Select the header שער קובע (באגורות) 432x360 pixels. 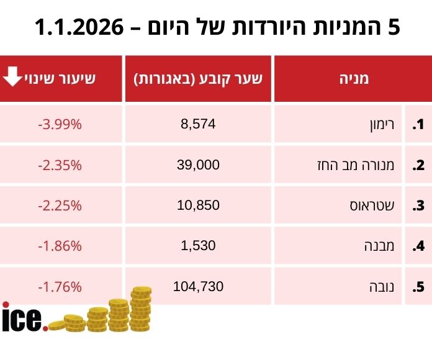pos(199,79)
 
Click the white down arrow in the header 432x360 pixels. pos(12,77)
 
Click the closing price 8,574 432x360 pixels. pos(198,124)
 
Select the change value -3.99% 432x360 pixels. pos(60,124)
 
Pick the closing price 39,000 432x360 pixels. pos(198,164)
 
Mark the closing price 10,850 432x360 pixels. pos(198,205)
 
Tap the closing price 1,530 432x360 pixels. pos(198,245)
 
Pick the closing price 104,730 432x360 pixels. pos(198,286)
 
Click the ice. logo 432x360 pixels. pos(24,317)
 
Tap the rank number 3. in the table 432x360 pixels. pos(418,205)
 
